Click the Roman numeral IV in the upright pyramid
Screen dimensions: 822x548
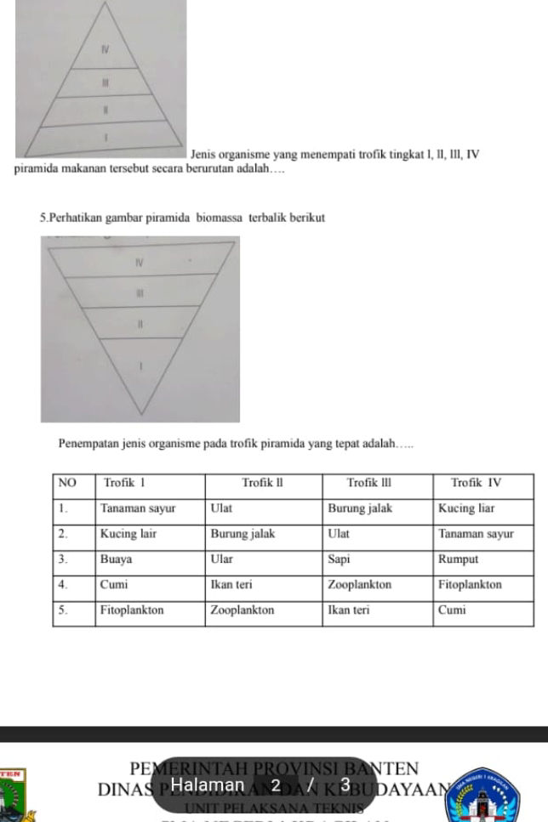click(x=104, y=51)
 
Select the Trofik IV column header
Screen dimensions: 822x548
click(x=477, y=483)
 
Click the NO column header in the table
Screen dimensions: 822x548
click(x=67, y=483)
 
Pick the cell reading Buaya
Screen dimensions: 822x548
click(x=116, y=560)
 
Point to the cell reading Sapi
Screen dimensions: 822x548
click(x=339, y=560)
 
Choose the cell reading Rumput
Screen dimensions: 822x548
click(x=458, y=560)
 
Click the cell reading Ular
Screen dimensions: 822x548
click(x=221, y=560)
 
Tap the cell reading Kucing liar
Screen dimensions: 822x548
click(x=465, y=508)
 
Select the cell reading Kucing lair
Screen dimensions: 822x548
click(x=128, y=535)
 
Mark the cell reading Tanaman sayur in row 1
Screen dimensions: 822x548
click(x=138, y=508)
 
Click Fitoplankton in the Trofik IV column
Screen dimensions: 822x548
click(x=470, y=585)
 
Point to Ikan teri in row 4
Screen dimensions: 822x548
click(x=232, y=585)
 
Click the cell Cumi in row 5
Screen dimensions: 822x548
click(x=452, y=610)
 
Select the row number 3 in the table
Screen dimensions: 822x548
click(x=62, y=560)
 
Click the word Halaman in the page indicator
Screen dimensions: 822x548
click(x=208, y=784)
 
